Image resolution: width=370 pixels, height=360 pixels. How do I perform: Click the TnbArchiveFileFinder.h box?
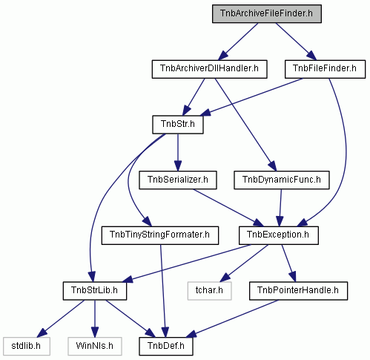click(x=267, y=13)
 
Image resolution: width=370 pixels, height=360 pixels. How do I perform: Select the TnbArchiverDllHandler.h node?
click(x=209, y=69)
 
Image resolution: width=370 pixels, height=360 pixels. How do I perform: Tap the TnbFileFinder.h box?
click(x=325, y=69)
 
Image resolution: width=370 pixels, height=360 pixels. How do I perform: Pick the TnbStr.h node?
click(x=178, y=125)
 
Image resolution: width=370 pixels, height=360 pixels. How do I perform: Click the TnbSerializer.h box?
click(x=178, y=180)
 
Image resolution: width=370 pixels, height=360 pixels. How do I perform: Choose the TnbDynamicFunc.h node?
click(x=282, y=180)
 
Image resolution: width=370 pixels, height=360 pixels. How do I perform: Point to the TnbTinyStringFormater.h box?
click(x=160, y=235)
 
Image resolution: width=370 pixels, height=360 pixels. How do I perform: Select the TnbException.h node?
click(x=279, y=235)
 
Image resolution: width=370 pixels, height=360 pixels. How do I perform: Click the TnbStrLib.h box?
click(x=95, y=291)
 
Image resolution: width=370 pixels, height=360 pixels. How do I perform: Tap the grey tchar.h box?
click(x=209, y=291)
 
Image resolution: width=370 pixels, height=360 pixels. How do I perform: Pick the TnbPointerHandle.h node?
click(x=298, y=291)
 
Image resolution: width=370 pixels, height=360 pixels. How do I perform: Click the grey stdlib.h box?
click(x=27, y=346)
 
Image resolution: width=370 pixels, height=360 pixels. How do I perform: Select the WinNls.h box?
click(x=95, y=346)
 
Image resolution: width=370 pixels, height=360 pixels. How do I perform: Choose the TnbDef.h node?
click(x=166, y=346)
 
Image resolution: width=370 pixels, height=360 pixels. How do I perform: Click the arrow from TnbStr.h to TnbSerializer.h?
click(x=178, y=152)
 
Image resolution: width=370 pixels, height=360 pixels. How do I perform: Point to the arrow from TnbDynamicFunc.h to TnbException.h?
click(x=280, y=208)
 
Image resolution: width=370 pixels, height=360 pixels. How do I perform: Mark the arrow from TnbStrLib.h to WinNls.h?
click(x=95, y=318)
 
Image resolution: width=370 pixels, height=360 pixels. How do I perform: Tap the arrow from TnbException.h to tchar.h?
click(x=244, y=264)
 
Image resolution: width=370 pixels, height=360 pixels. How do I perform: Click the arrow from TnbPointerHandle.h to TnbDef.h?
click(x=232, y=318)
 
